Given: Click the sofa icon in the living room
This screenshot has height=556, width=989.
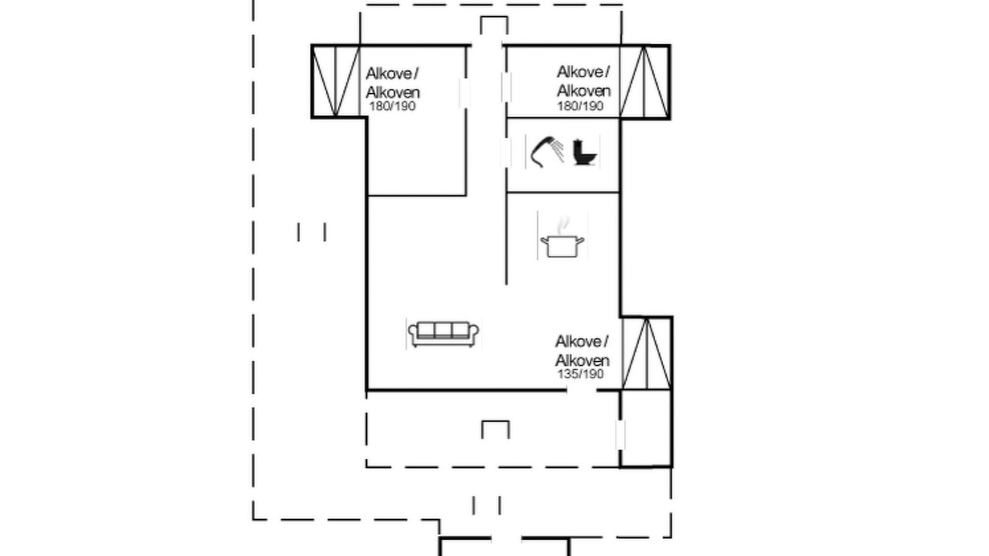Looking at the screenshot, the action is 444,334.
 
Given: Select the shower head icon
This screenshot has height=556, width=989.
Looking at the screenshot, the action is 547,152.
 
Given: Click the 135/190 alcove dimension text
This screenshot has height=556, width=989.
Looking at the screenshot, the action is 580,375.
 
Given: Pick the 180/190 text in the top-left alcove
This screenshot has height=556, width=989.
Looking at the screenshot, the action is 392,107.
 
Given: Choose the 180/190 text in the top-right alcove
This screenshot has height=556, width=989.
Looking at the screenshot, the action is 580,107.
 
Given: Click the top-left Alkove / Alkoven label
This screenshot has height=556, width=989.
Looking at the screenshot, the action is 393,83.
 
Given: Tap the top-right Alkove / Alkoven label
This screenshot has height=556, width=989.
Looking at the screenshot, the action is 583,81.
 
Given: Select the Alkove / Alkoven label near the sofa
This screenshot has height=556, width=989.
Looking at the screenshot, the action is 582,351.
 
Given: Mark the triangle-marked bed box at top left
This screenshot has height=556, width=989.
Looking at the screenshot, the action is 335,81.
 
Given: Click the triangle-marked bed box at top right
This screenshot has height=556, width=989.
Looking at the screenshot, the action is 644,82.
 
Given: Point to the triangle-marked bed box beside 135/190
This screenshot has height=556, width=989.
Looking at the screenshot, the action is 647,353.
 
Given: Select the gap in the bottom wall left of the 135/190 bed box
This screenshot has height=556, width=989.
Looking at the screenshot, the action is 582,390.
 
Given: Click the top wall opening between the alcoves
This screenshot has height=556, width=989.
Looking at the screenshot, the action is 487,45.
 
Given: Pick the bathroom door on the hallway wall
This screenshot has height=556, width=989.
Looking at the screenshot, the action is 506,153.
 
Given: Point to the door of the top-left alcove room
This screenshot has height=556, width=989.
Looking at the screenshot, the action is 464,93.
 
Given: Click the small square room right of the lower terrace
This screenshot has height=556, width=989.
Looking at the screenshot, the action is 646,428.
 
